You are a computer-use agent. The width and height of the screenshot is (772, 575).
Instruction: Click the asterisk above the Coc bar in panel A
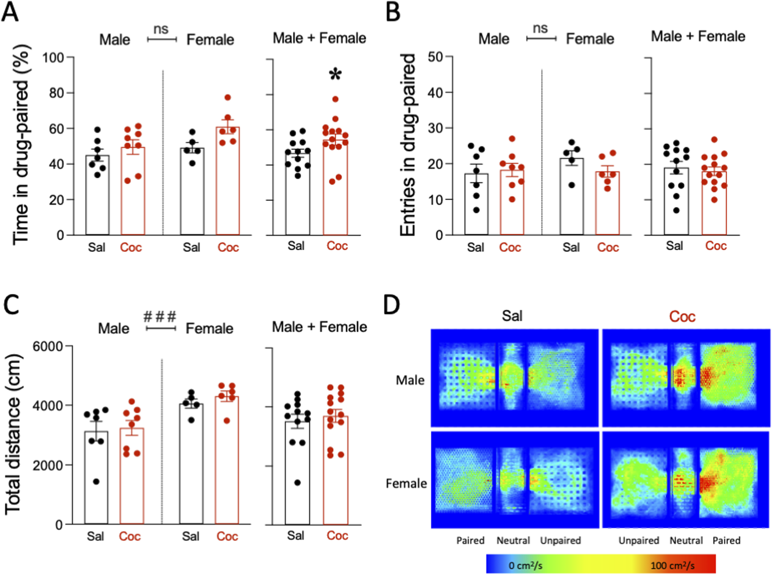pyautogui.click(x=335, y=75)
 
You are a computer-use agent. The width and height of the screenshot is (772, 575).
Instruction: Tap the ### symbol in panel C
pyautogui.click(x=160, y=316)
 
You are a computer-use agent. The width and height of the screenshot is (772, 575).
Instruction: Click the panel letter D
pyautogui.click(x=391, y=305)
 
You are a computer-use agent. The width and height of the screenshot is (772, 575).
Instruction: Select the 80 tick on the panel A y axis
pyautogui.click(x=56, y=93)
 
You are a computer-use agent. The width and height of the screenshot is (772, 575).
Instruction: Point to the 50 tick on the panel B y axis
pyautogui.click(x=435, y=57)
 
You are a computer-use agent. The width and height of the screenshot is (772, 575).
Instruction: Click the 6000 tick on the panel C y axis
pyautogui.click(x=48, y=347)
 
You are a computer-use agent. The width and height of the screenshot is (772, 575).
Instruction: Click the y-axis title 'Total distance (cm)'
pyautogui.click(x=13, y=434)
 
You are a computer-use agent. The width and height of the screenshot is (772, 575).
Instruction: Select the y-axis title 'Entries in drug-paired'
pyautogui.click(x=408, y=145)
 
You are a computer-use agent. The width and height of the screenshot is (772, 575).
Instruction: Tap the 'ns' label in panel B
pyautogui.click(x=540, y=29)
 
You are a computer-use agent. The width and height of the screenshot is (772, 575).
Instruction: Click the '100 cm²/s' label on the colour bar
pyautogui.click(x=672, y=565)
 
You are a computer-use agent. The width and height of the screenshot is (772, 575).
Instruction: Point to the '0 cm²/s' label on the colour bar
pyautogui.click(x=525, y=565)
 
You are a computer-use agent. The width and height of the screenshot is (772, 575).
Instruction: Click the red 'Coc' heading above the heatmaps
pyautogui.click(x=682, y=316)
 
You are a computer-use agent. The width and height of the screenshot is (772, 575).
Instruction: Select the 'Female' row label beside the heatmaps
pyautogui.click(x=406, y=483)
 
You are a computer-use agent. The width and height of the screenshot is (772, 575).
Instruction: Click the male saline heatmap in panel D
pyautogui.click(x=515, y=378)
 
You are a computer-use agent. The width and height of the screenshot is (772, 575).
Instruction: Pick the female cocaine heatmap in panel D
pyautogui.click(x=686, y=480)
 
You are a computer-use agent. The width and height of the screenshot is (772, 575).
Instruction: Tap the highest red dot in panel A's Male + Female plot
pyautogui.click(x=335, y=99)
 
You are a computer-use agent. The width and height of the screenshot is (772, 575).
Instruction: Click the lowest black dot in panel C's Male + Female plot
pyautogui.click(x=297, y=483)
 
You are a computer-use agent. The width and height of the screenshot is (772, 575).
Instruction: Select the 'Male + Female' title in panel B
pyautogui.click(x=698, y=37)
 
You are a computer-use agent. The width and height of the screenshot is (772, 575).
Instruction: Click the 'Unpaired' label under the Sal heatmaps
pyautogui.click(x=560, y=541)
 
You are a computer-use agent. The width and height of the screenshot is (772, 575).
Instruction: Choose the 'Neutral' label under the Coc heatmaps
pyautogui.click(x=686, y=541)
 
